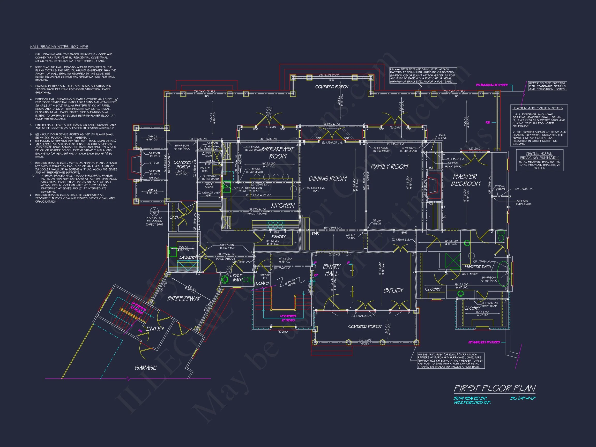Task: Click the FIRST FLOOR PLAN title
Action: (495, 389)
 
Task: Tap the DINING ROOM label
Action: (327, 179)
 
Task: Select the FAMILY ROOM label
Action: (389, 167)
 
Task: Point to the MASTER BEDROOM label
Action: (465, 180)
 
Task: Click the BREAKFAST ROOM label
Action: (278, 153)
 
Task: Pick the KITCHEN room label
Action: (283, 206)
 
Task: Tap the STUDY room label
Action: (393, 290)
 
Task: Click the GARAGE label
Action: (145, 368)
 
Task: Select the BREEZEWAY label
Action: (184, 299)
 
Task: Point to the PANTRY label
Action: (278, 237)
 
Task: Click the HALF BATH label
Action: (237, 278)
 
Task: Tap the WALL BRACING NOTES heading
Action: (59, 47)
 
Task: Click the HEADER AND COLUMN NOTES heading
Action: (537, 108)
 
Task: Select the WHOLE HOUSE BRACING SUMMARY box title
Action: (539, 155)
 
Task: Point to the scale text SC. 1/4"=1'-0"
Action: (523, 398)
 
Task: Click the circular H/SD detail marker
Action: (154, 212)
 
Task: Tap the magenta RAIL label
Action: (488, 122)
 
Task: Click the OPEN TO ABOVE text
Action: (290, 282)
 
